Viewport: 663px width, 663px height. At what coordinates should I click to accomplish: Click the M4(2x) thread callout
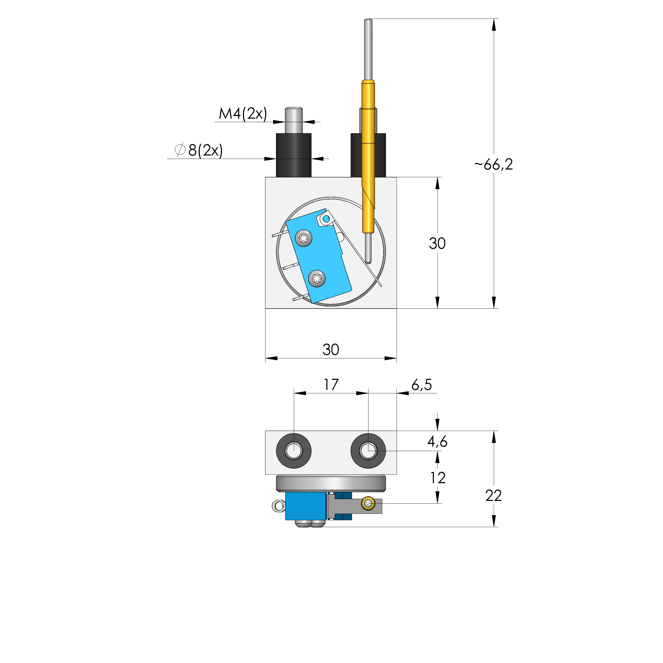tap(243, 114)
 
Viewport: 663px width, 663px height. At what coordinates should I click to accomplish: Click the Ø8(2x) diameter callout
tap(199, 150)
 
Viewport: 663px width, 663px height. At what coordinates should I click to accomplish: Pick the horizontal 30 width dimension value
tap(331, 350)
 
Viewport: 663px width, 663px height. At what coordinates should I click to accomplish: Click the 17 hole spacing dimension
tap(331, 385)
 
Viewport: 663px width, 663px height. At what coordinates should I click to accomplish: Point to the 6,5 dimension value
tap(421, 385)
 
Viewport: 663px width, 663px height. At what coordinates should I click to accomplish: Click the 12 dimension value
tap(438, 478)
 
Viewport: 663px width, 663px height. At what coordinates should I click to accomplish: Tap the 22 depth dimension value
tap(493, 496)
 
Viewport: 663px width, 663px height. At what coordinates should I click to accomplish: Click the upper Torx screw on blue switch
tap(304, 238)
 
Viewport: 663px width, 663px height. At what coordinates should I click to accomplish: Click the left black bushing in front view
tap(293, 155)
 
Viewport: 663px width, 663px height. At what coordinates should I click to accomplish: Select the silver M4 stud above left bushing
tap(293, 120)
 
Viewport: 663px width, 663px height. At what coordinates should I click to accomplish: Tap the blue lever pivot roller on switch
tap(326, 219)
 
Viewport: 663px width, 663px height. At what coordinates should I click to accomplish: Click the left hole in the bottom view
tap(293, 451)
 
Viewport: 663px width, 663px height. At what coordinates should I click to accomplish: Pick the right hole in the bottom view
tap(368, 451)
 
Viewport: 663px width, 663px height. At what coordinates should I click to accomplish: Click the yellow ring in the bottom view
tap(368, 504)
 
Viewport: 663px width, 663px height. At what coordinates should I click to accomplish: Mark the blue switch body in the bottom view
tap(305, 506)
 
